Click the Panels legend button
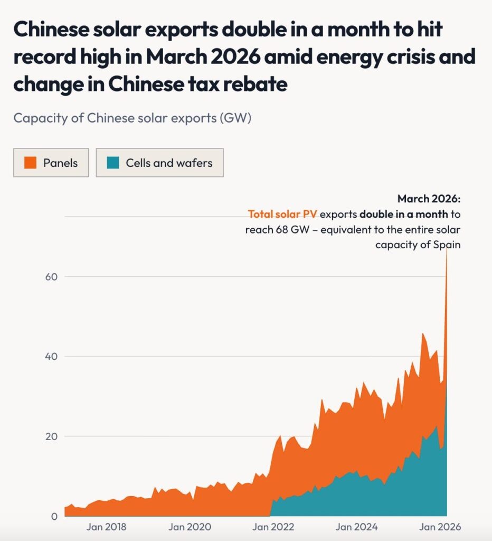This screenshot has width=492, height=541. (x=51, y=163)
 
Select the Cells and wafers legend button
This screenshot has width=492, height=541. (x=159, y=163)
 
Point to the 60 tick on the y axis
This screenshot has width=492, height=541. (x=51, y=276)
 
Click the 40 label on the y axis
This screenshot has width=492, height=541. (x=51, y=357)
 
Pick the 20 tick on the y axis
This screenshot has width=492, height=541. (x=51, y=436)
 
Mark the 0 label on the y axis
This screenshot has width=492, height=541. (x=54, y=516)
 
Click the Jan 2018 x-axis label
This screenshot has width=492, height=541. (x=107, y=527)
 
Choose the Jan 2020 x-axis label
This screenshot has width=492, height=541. (x=190, y=527)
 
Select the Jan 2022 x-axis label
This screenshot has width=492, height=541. (x=273, y=527)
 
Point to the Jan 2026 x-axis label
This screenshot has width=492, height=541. (x=439, y=527)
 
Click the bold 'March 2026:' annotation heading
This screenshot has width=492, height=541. (x=429, y=199)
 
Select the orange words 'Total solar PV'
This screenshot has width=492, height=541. (x=282, y=214)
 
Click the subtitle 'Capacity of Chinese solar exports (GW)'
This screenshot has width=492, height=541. (x=132, y=117)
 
